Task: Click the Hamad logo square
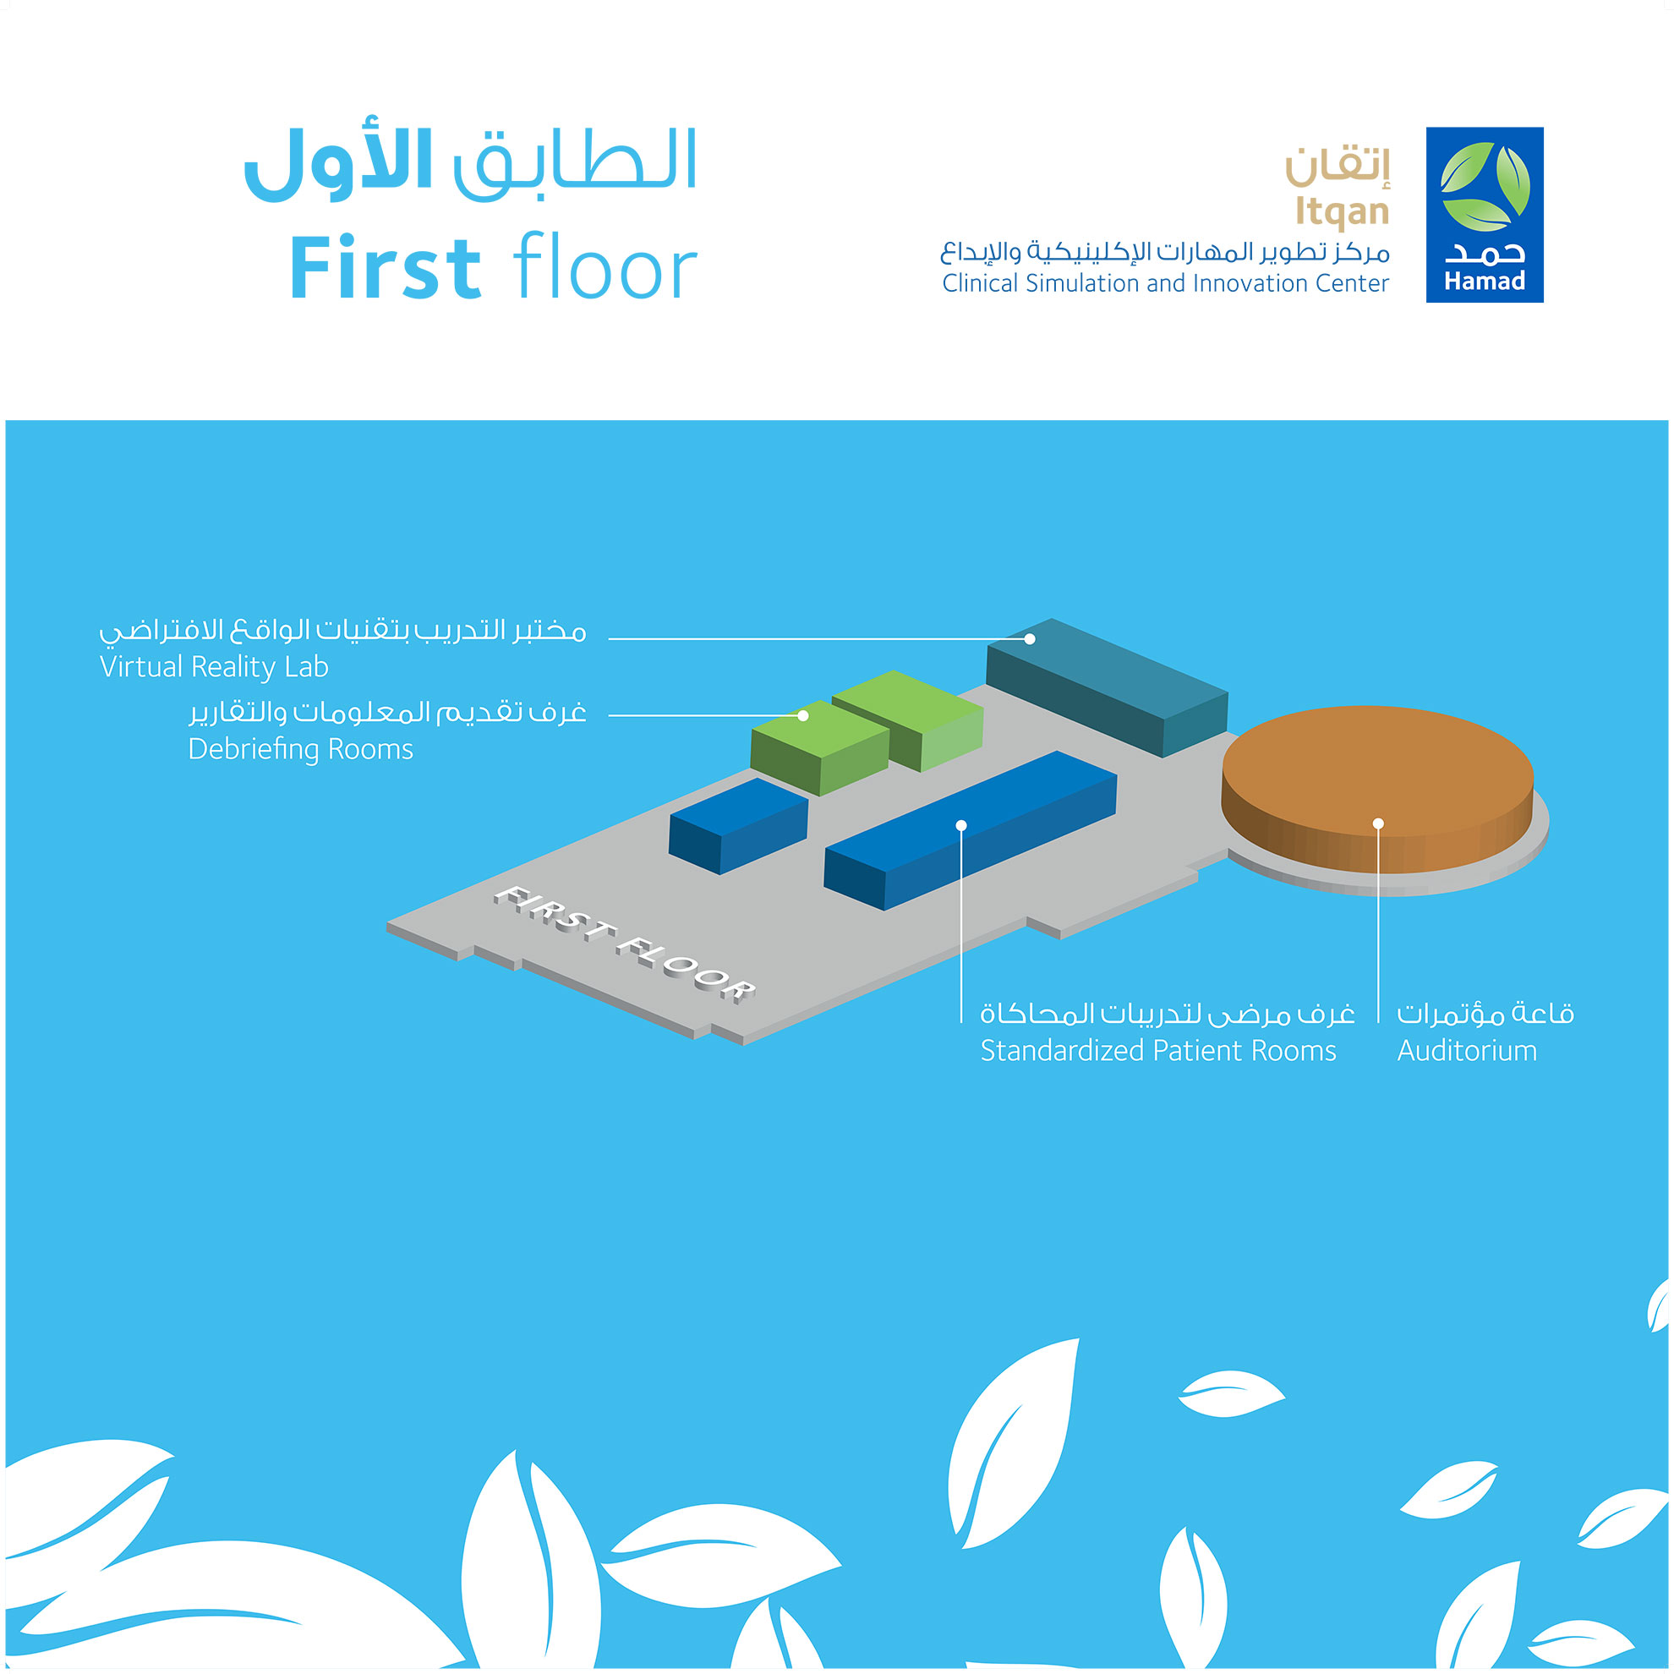[x=1485, y=215]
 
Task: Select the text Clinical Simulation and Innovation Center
[x=1165, y=283]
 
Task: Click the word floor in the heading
[x=604, y=266]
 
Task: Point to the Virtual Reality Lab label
[x=214, y=666]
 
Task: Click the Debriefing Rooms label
[x=301, y=748]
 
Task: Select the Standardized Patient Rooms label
[x=1158, y=1051]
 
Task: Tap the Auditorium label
[x=1467, y=1051]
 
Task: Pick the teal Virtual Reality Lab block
[x=1108, y=687]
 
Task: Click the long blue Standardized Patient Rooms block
[x=971, y=830]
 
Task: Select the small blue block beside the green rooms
[x=738, y=826]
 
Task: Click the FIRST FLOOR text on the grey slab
[x=625, y=944]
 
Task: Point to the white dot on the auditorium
[x=1379, y=823]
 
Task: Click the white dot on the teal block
[x=1031, y=639]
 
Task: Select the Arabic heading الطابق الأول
[x=470, y=163]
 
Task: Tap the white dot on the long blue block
[x=961, y=826]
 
